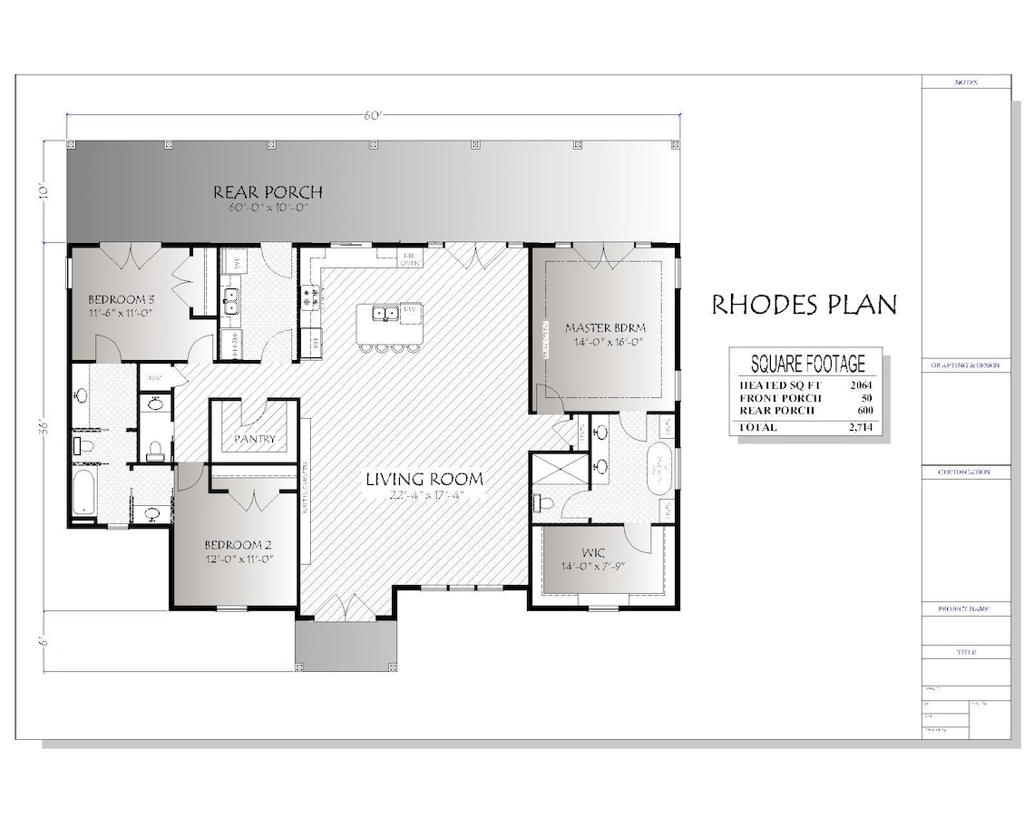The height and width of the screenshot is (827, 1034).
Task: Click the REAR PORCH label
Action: coord(268,192)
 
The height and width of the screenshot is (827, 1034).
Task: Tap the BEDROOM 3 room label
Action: coord(122,298)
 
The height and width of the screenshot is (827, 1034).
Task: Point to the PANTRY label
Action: coord(254,439)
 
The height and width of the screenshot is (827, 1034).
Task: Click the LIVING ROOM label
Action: coord(424,479)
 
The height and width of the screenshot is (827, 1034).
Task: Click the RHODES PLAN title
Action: coord(804,304)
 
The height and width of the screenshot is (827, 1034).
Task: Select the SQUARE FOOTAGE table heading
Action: coord(807,365)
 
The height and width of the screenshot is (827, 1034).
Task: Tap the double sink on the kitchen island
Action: coord(386,314)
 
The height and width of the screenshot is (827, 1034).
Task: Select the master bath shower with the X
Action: coord(556,470)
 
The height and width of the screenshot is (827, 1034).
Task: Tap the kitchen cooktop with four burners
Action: coord(308,296)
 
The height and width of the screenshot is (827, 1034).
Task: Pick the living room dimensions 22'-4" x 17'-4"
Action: coord(424,495)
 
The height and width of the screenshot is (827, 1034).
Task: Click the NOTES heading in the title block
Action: coord(966,83)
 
